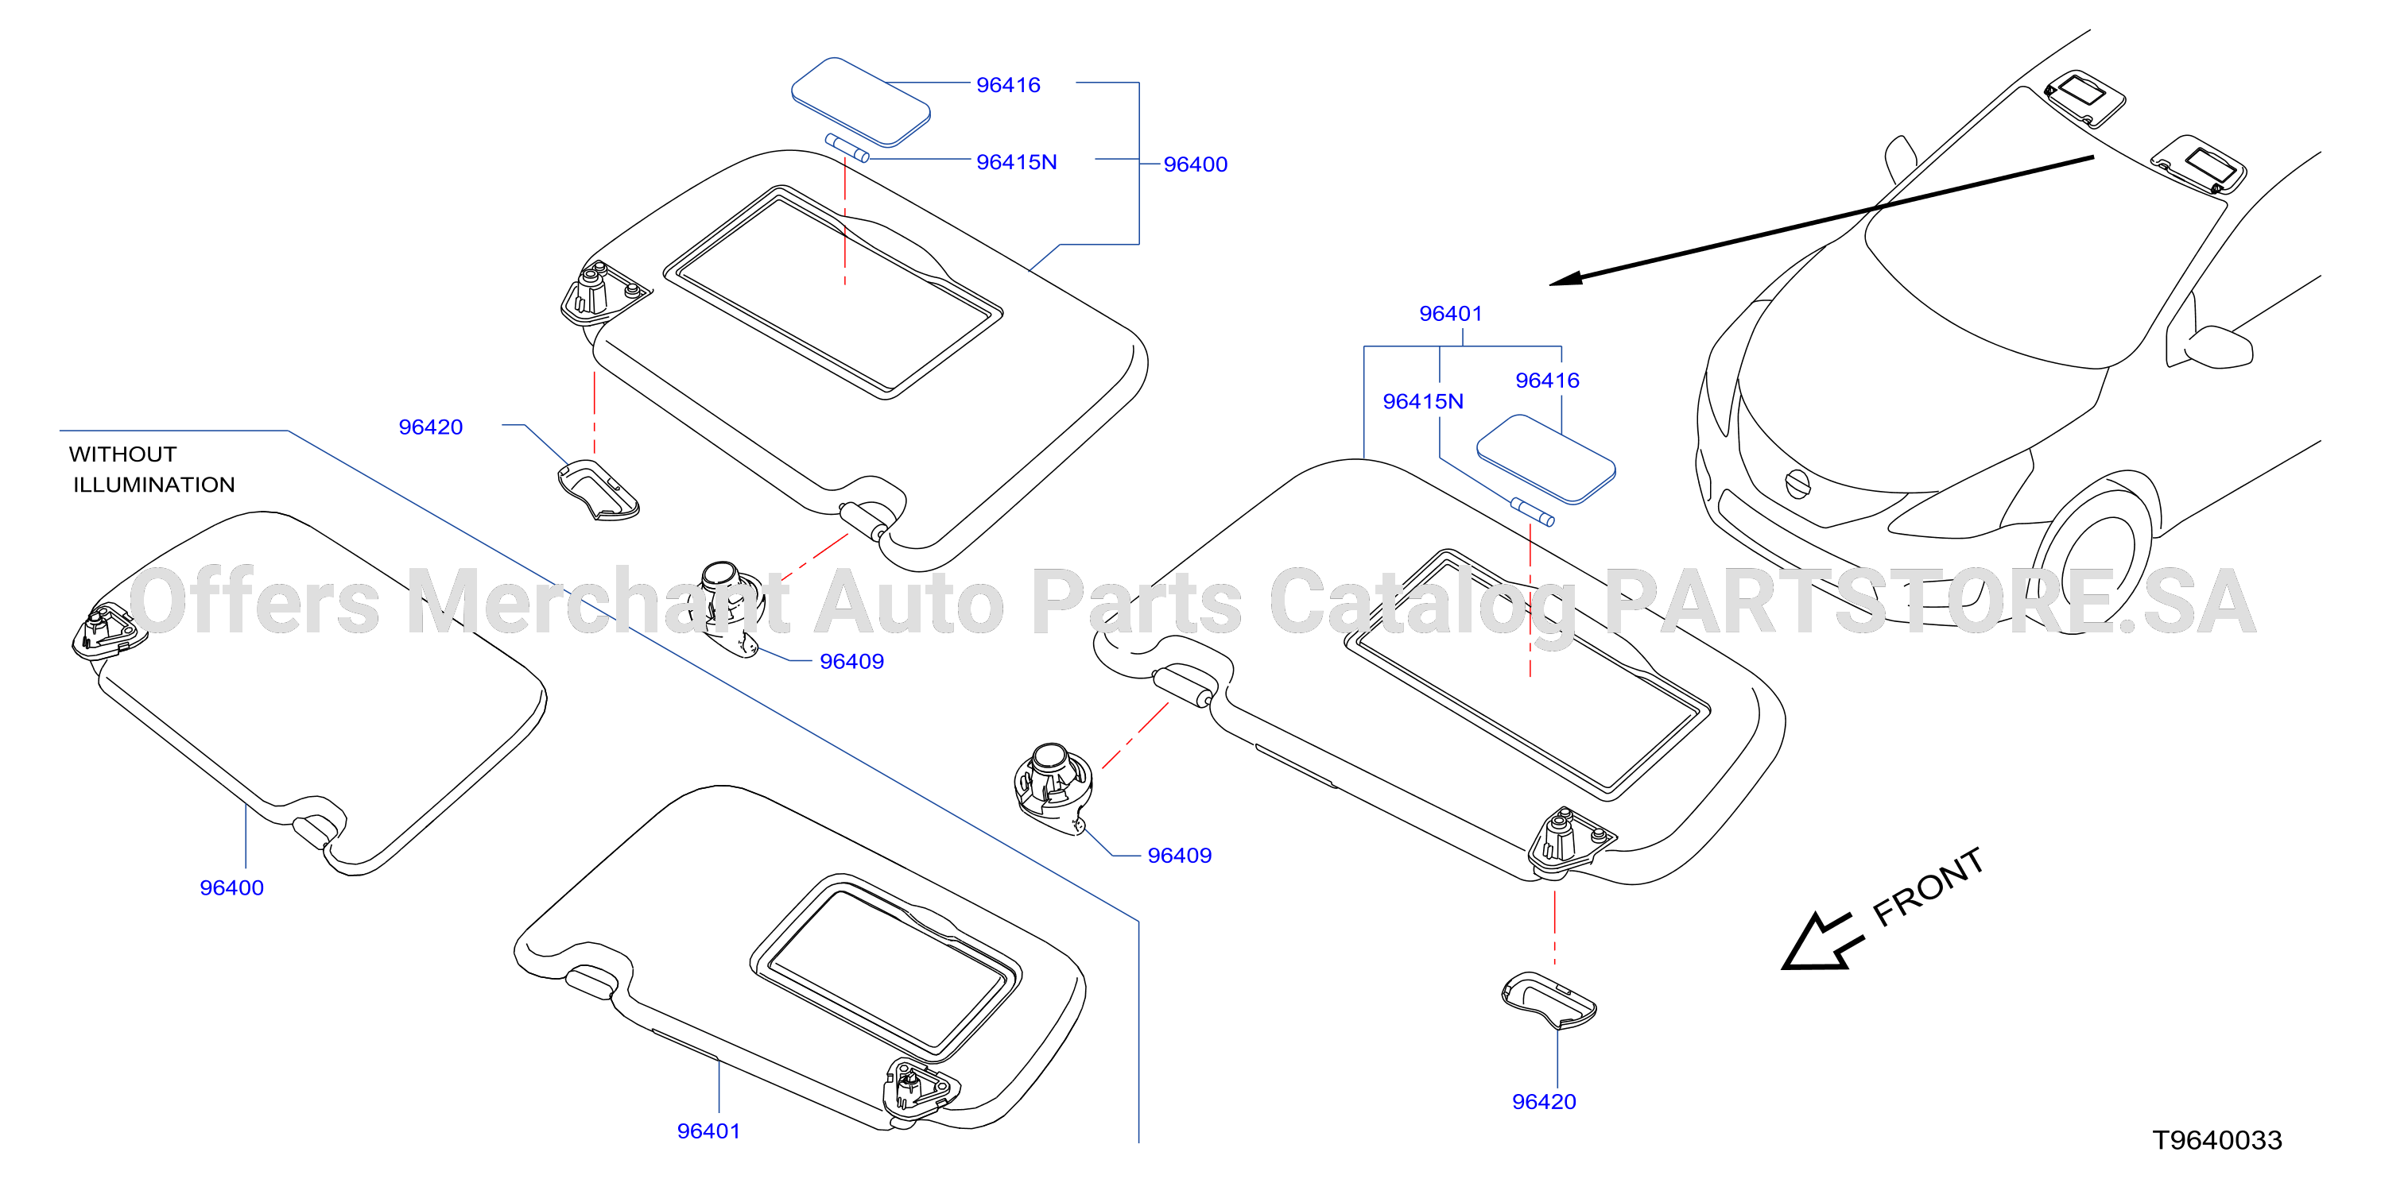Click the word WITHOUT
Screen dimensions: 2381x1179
pos(123,454)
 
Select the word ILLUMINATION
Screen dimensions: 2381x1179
pos(154,485)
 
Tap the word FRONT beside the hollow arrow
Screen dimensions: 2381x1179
pos(1928,887)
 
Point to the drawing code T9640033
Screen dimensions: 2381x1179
pos(2217,1140)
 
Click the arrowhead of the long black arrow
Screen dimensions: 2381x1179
pos(1566,278)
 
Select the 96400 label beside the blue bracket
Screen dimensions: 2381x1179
pos(1195,164)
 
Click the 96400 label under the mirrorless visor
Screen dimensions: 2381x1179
pos(232,888)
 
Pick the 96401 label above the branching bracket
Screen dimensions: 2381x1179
pos(1450,314)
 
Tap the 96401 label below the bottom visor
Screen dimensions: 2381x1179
pos(709,1131)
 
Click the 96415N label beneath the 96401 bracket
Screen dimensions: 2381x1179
pos(1423,401)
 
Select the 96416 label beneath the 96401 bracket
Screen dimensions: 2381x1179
pos(1547,381)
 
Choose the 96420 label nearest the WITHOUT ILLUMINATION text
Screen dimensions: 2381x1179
pos(431,427)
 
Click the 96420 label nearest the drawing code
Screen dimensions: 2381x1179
pos(1544,1101)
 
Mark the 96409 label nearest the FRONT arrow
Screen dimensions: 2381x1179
pos(1180,856)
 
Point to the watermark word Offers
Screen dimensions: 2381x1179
pos(255,602)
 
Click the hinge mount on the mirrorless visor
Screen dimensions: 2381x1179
pos(108,630)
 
